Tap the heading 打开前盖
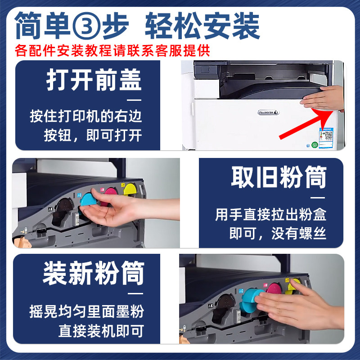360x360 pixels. pyautogui.click(x=94, y=80)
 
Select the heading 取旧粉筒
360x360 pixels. pyautogui.click(x=279, y=177)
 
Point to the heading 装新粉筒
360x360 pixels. pyautogui.click(x=94, y=273)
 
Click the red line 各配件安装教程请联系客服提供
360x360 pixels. pyautogui.click(x=112, y=50)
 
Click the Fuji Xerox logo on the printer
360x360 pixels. pyautogui.click(x=268, y=112)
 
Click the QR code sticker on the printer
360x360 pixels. pyautogui.click(x=326, y=138)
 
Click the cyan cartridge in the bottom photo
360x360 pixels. pyautogui.click(x=250, y=301)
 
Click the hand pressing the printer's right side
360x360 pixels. pyautogui.click(x=323, y=98)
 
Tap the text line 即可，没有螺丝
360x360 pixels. pyautogui.click(x=278, y=234)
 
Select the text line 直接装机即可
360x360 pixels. pyautogui.click(x=101, y=331)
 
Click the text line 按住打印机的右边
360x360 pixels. pyautogui.click(x=85, y=117)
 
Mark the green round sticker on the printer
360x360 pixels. pyautogui.click(x=314, y=145)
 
